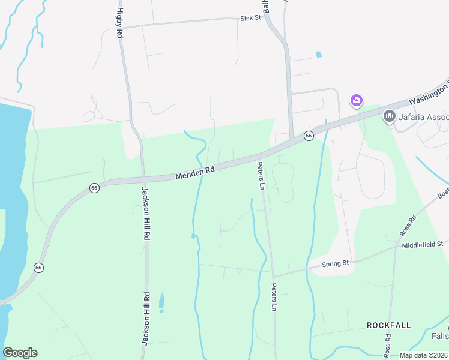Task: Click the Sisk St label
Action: coord(250,18)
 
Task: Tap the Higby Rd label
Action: coord(119,23)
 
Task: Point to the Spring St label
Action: coord(336,263)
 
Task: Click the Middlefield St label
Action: coord(423,244)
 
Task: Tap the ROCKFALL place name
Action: coord(389,325)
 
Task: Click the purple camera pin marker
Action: coord(357,100)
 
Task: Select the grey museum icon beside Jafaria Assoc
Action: coord(390,115)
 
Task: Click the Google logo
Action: coord(20,353)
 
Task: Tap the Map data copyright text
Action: coord(423,355)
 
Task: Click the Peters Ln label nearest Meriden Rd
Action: coord(261,175)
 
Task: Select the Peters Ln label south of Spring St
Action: coord(274,296)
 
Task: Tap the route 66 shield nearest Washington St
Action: coord(308,136)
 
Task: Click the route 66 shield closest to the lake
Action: coord(39,267)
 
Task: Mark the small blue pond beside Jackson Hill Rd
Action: coord(161,302)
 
